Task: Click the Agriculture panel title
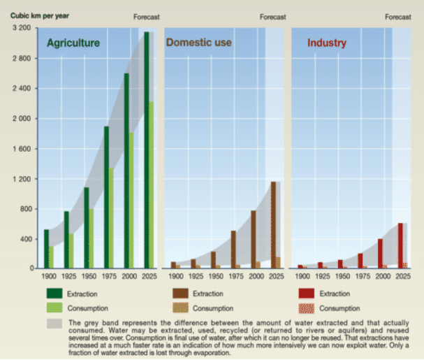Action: click(x=73, y=43)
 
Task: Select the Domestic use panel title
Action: click(x=199, y=43)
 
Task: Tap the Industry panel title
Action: click(x=327, y=43)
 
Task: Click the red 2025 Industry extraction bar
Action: click(x=400, y=245)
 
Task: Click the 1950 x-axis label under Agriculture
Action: click(x=89, y=277)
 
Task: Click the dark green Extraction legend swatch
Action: click(x=54, y=294)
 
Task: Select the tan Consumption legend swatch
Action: click(x=182, y=308)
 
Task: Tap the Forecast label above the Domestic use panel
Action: click(x=272, y=17)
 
